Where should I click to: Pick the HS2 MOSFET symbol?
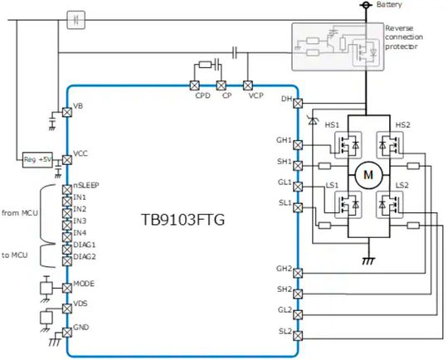389,144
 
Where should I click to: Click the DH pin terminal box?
298,100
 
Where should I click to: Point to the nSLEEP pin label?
87,186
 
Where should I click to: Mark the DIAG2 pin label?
85,257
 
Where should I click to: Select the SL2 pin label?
285,331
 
